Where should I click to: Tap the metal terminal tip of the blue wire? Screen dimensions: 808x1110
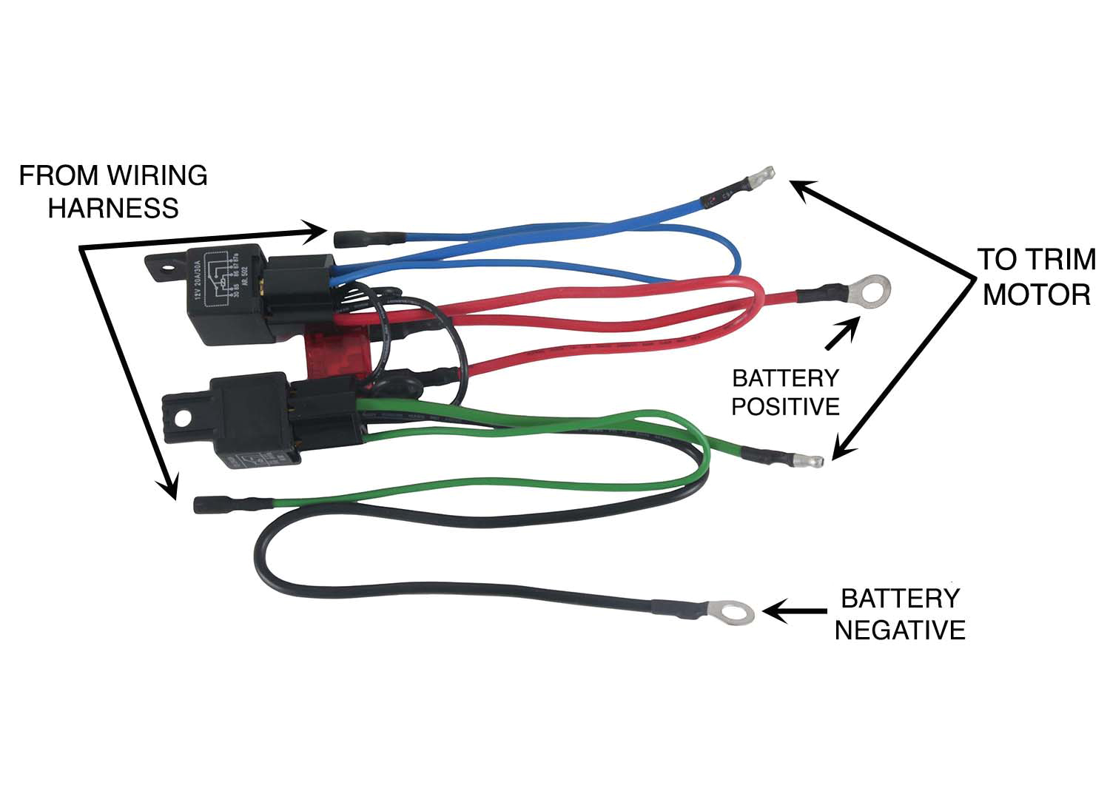[761, 176]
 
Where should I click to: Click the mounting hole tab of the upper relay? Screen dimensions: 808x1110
[164, 268]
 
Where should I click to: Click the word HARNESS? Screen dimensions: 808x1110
[113, 208]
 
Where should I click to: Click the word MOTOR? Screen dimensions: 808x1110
[1036, 294]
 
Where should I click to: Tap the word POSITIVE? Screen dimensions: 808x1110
[785, 406]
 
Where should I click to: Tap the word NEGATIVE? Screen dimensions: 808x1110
[900, 630]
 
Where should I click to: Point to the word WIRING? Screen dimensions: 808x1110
[158, 175]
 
